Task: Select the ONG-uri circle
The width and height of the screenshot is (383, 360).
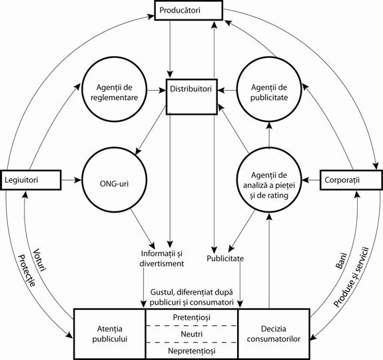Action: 109,180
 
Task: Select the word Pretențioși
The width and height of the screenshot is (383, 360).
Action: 191,317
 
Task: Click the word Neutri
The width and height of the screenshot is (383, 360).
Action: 191,333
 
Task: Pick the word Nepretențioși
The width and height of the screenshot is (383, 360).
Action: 191,349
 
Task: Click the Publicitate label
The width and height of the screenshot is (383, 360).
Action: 225,258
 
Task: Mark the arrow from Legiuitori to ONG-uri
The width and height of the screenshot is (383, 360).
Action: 71,180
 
